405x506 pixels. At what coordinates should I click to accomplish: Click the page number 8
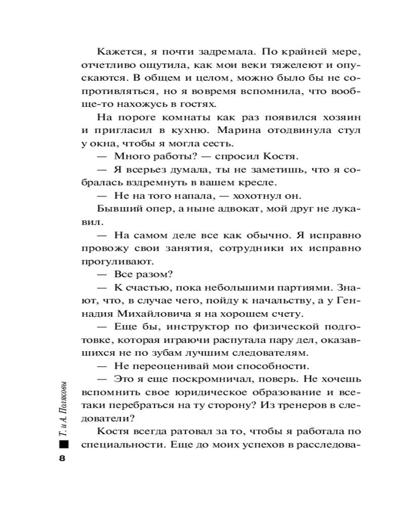63,458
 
